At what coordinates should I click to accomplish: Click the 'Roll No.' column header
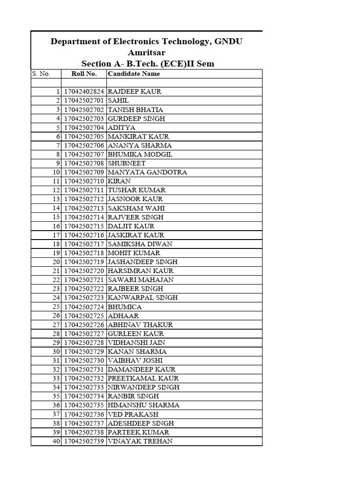pyautogui.click(x=84, y=74)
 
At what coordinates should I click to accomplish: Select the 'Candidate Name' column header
pyautogui.click(x=134, y=74)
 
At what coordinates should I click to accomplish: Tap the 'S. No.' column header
pyautogui.click(x=41, y=74)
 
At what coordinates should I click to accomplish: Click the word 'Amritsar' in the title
pyautogui.click(x=146, y=52)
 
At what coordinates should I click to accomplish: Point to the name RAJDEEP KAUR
pyautogui.click(x=135, y=92)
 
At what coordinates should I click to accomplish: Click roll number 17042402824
pyautogui.click(x=83, y=92)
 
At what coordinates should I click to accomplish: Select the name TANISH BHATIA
pyautogui.click(x=135, y=110)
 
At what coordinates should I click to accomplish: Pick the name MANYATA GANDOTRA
pyautogui.click(x=147, y=172)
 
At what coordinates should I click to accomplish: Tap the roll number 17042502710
pyautogui.click(x=83, y=181)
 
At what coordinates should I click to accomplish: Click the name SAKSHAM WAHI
pyautogui.click(x=136, y=208)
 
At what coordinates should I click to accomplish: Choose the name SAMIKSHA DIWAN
pyautogui.click(x=140, y=244)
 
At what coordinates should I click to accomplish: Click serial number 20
pyautogui.click(x=57, y=262)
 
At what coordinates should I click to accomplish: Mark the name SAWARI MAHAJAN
pyautogui.click(x=141, y=280)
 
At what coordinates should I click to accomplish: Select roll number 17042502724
pyautogui.click(x=83, y=307)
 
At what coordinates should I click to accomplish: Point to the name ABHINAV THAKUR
pyautogui.click(x=140, y=324)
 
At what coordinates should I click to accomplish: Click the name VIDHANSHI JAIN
pyautogui.click(x=136, y=343)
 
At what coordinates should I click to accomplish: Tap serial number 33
pyautogui.click(x=57, y=378)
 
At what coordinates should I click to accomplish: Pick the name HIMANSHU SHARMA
pyautogui.click(x=143, y=405)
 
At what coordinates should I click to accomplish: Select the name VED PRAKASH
pyautogui.click(x=133, y=414)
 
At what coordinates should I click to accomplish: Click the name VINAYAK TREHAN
pyautogui.click(x=140, y=441)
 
